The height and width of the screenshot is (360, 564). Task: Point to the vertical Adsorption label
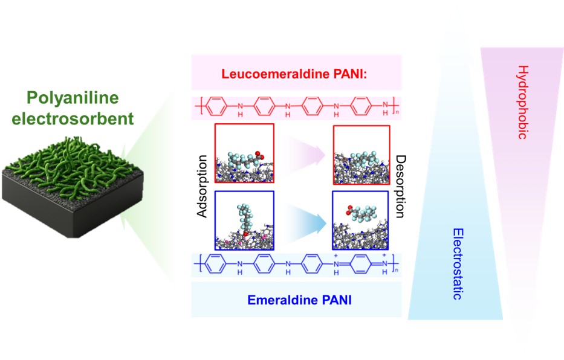(203, 187)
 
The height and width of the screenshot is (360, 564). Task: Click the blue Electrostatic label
(458, 263)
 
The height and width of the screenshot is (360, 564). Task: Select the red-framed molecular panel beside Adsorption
(244, 153)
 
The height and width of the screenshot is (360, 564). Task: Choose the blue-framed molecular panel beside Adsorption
(244, 220)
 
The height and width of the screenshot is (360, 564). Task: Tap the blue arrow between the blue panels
(303, 220)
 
